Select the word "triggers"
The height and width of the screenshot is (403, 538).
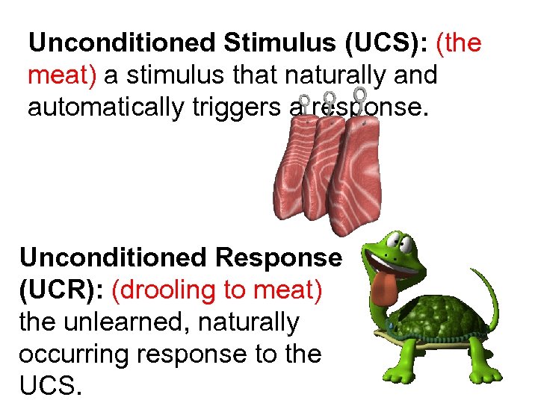(214, 108)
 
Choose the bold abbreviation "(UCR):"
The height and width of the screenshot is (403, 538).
(61, 290)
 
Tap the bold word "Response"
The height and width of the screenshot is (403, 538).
(277, 257)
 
